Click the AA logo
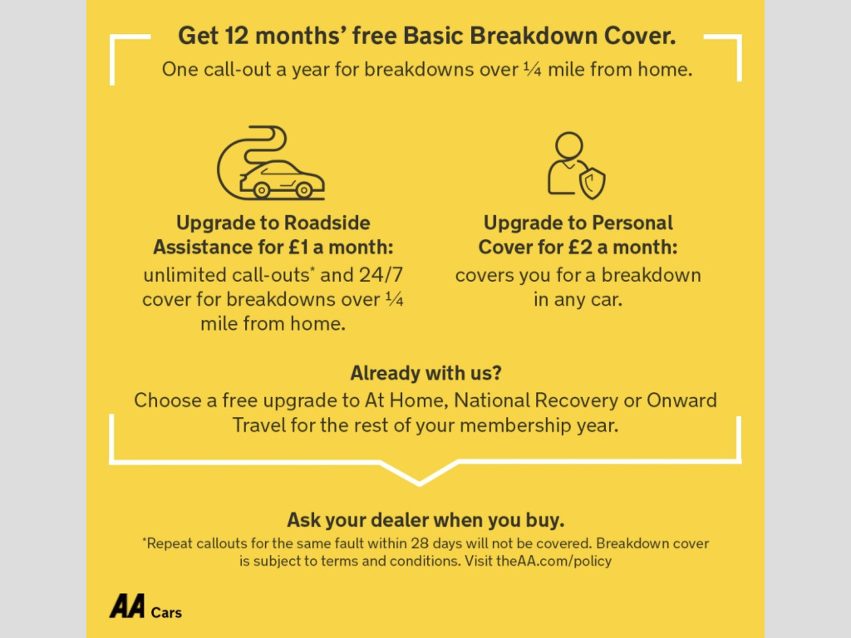coord(127,606)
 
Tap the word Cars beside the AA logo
coord(166,612)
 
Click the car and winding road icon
coord(270,163)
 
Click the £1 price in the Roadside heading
coord(298,248)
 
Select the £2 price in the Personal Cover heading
coord(580,248)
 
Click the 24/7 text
coord(381,274)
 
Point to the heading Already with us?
coord(425,373)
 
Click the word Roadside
coord(327,223)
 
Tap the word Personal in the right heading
coord(632,223)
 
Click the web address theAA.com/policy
coord(553,561)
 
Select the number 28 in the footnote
coord(419,543)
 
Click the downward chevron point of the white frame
coord(419,483)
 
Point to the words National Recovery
coord(536,400)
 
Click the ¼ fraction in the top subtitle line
coord(533,68)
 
